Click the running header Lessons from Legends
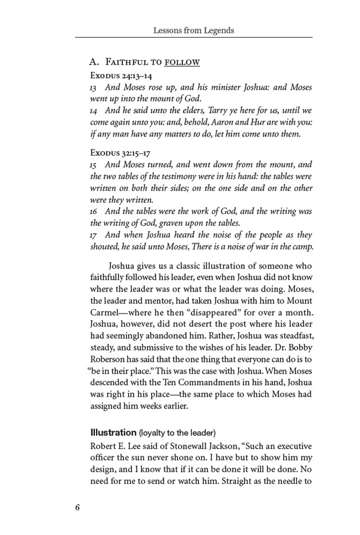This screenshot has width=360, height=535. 194,30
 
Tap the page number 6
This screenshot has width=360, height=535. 78,507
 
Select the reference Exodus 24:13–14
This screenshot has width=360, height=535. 121,75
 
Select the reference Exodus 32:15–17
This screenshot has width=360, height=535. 120,152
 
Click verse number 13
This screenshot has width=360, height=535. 93,88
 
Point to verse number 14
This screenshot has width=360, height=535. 93,111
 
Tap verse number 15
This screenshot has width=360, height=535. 93,165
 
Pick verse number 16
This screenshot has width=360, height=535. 93,212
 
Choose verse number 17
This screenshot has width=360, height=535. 93,235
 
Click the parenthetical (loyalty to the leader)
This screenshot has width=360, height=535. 177,433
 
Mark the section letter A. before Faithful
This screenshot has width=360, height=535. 94,62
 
